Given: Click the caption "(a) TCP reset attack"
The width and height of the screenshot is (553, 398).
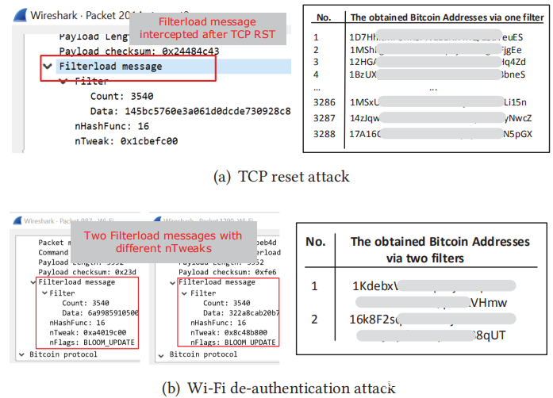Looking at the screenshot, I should click(x=277, y=177).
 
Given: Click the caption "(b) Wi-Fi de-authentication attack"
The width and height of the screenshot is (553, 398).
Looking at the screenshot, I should click(x=277, y=388).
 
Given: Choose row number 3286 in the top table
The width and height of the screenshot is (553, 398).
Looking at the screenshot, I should click(x=324, y=102).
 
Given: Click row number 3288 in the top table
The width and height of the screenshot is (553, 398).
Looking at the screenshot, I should click(x=324, y=133).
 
